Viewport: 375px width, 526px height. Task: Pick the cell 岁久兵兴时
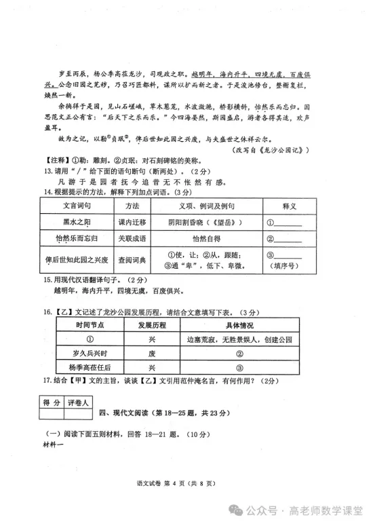click(x=89, y=353)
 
